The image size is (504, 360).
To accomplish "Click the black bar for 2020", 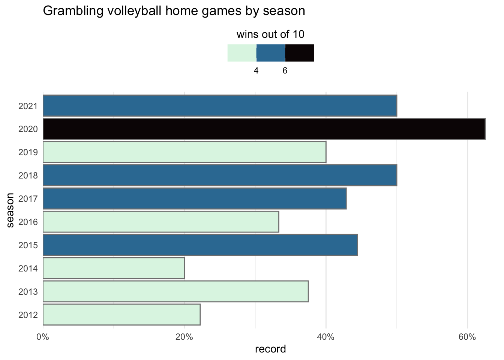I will tap(264, 129).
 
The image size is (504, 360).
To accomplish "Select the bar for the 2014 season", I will tap(114, 268).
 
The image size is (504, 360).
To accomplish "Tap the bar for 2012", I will tap(121, 314).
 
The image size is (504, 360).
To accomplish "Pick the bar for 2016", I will tap(161, 222).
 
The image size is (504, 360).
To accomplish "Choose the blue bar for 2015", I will tap(200, 245).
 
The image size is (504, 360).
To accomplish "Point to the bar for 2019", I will tap(184, 152).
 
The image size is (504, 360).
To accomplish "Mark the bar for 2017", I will tap(195, 198).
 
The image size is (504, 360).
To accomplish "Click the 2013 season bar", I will tap(175, 291).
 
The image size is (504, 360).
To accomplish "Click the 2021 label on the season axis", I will tap(28, 106).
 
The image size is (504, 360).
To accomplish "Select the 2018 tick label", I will tap(28, 175).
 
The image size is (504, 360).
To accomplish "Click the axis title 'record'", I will tap(270, 349).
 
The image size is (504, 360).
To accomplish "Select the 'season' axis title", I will tap(10, 210).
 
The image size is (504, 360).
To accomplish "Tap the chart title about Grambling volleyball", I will tap(174, 11).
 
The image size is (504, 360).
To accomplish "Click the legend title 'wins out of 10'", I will tap(270, 35).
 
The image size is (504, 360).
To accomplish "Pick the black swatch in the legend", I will tap(299, 53).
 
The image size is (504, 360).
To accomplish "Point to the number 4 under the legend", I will tap(256, 70).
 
